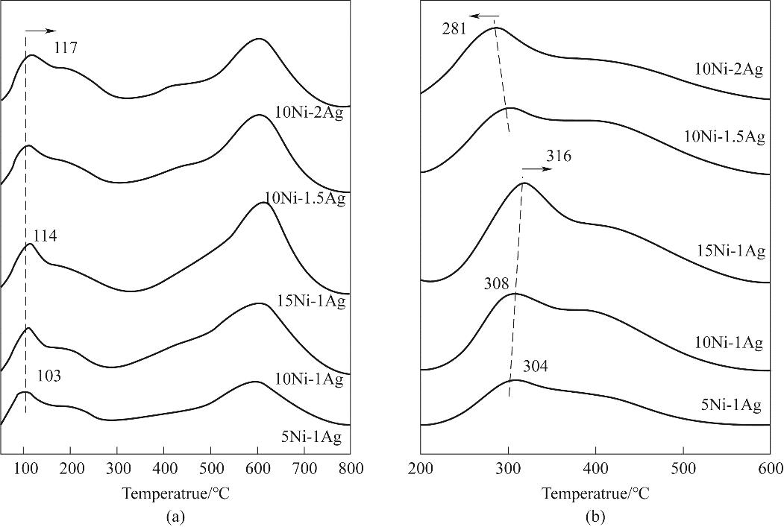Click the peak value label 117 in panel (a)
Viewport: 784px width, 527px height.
[x=66, y=50]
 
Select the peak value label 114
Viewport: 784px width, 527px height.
[x=45, y=236]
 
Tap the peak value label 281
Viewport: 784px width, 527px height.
[x=454, y=30]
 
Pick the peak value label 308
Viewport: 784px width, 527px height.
[x=495, y=283]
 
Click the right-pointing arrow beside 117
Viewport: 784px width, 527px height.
[x=40, y=31]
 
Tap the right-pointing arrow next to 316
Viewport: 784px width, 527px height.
[x=538, y=169]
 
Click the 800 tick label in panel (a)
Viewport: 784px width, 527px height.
[x=351, y=469]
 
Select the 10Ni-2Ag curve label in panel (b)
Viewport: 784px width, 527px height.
[x=727, y=71]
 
